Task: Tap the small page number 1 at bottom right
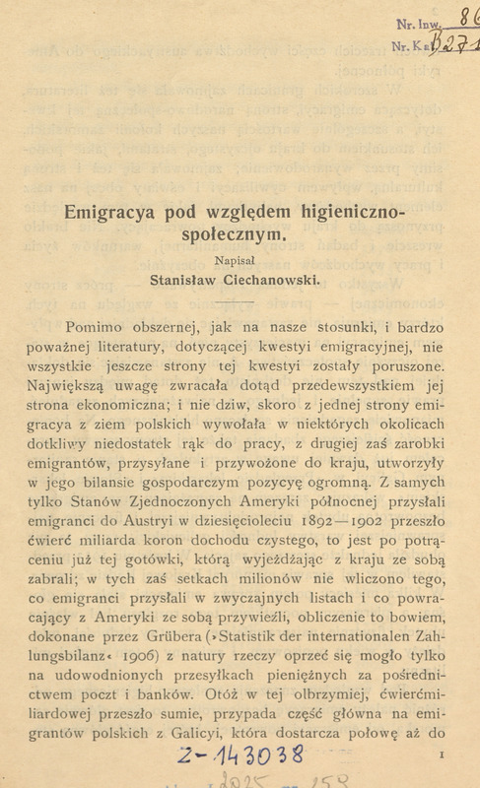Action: click(x=434, y=754)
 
